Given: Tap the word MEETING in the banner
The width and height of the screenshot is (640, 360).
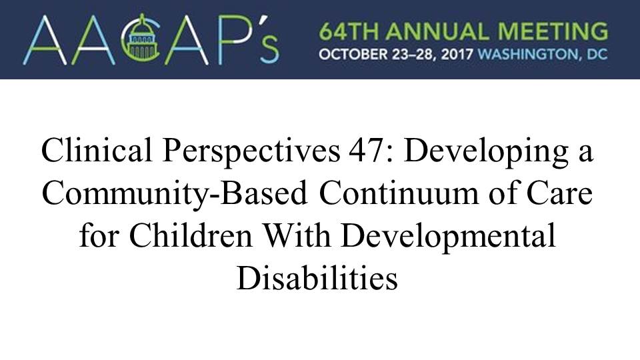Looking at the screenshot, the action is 553,31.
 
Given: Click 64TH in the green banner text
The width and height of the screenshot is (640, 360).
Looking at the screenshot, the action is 349,31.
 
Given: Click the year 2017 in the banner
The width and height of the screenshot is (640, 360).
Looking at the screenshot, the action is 457,54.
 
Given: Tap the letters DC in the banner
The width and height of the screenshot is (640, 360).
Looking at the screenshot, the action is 597,54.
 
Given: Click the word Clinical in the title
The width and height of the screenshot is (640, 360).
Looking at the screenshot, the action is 96,150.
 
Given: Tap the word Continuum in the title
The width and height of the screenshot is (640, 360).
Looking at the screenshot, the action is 399,193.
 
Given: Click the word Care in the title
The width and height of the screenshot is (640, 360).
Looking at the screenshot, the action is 559,193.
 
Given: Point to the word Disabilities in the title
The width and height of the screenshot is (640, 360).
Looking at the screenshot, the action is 317,279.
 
